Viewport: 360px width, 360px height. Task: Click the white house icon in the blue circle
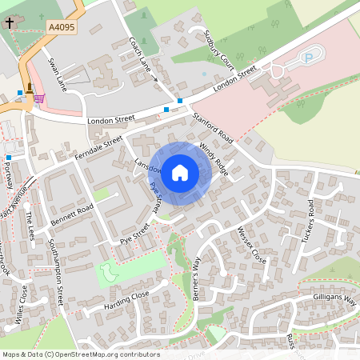[180, 171]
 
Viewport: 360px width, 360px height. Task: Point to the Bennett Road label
[72, 213]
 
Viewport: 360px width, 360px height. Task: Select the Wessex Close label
[250, 245]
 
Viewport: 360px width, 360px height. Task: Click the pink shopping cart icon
[38, 99]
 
